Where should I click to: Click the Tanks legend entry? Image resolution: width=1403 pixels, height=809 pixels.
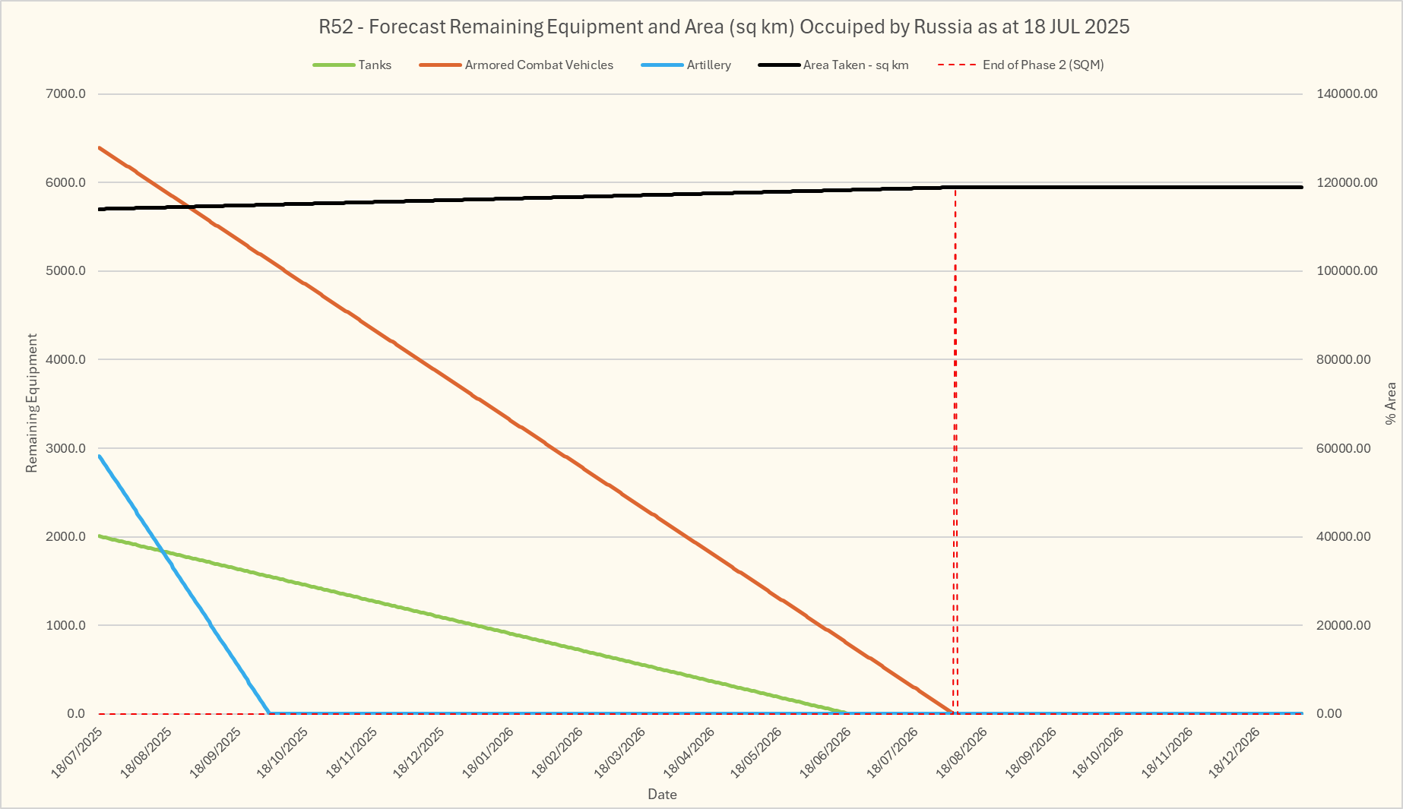coord(375,65)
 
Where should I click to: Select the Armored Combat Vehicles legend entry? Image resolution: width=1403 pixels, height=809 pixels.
coord(538,65)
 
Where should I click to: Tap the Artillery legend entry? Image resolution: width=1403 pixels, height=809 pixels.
coord(708,65)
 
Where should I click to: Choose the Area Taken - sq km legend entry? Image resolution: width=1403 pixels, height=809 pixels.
coord(855,65)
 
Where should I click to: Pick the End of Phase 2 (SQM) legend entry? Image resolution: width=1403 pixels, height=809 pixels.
coord(1042,65)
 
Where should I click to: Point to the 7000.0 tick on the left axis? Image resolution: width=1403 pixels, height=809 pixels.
coord(66,94)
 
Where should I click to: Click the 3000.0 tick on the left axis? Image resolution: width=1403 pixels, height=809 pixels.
coord(66,448)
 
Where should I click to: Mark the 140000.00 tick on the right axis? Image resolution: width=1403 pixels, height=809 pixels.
coord(1347,94)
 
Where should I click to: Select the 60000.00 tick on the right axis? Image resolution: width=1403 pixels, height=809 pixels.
coord(1347,448)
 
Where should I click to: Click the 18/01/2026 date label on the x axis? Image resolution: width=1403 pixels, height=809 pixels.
coord(489,752)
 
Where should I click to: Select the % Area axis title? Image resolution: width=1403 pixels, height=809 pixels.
coord(1390,403)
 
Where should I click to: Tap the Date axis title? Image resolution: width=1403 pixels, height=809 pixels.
coord(662,795)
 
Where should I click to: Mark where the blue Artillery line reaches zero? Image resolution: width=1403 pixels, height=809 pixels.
coord(269,713)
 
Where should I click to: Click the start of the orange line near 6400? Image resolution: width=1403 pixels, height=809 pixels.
coord(100,147)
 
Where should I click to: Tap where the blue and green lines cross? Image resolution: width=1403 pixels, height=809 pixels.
coord(162,549)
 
